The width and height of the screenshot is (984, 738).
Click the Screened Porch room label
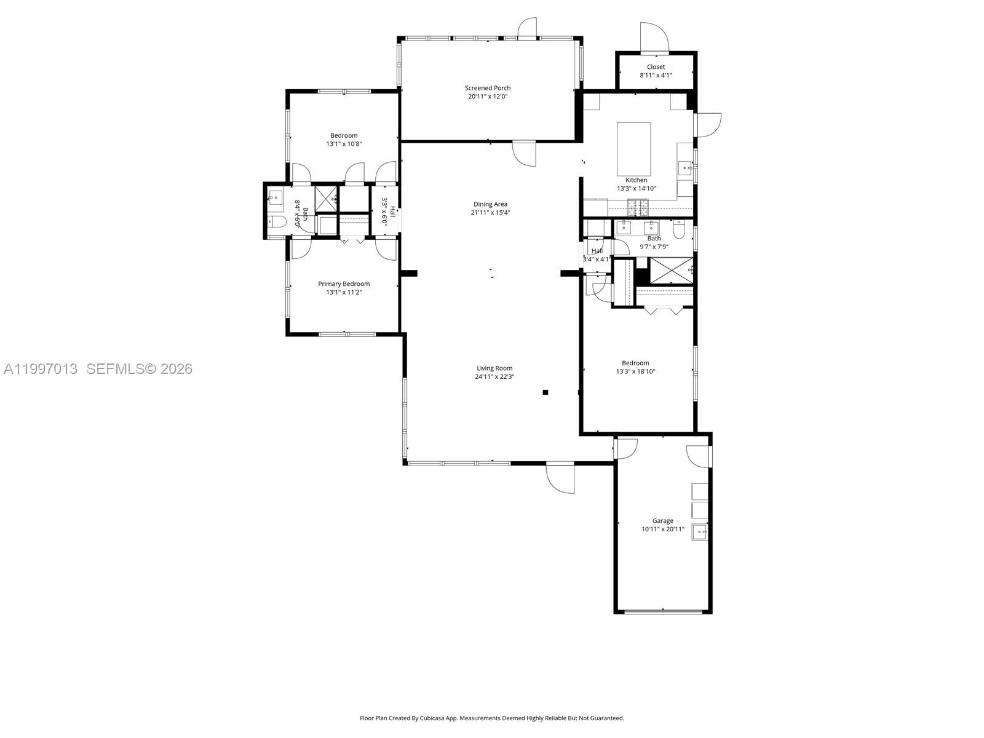(487, 88)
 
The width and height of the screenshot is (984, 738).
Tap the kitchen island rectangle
(633, 149)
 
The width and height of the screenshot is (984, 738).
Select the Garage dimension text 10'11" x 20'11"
(662, 530)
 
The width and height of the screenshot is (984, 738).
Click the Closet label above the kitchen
(656, 67)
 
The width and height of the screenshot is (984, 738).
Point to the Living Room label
(494, 368)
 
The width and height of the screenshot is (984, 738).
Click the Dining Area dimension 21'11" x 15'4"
(490, 213)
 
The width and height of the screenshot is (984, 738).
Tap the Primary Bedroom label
(344, 284)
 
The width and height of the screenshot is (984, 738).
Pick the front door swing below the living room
(561, 477)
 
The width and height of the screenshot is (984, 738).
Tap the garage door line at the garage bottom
(663, 611)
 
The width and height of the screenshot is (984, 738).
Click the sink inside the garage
(699, 531)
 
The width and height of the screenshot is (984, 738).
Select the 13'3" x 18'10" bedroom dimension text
(635, 371)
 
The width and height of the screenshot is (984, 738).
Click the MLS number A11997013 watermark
(41, 369)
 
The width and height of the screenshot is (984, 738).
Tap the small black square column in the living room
(545, 392)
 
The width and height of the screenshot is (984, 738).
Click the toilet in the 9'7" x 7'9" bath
(680, 230)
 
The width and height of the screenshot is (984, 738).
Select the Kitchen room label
(636, 180)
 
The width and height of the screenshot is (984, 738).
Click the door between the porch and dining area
(525, 153)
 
